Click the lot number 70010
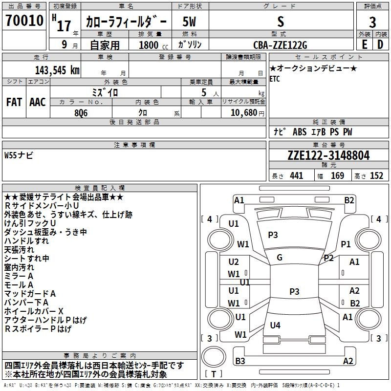click(x=24, y=20)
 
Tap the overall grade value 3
click(x=372, y=22)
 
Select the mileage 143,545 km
click(x=57, y=70)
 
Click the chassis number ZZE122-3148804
click(x=328, y=155)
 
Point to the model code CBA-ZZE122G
click(x=280, y=45)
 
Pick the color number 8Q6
click(x=81, y=113)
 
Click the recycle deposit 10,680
click(x=243, y=113)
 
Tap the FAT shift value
click(x=14, y=102)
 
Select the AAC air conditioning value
click(x=38, y=102)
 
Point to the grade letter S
click(x=281, y=22)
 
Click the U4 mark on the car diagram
click(x=275, y=325)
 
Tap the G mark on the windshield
click(x=280, y=258)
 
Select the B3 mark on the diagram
click(x=240, y=361)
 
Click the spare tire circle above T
click(x=214, y=357)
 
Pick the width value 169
click(x=337, y=175)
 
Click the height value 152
click(x=376, y=175)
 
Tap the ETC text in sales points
click(x=275, y=79)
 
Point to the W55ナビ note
click(x=19, y=155)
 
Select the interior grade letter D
click(x=380, y=44)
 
